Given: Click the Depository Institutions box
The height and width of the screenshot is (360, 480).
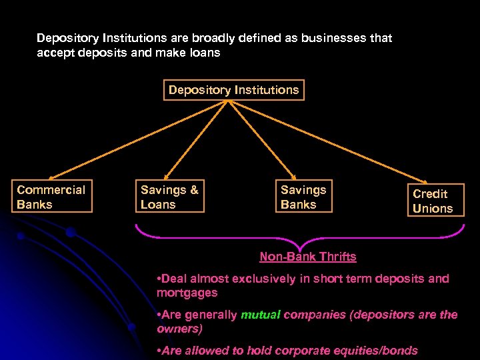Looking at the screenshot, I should [234, 90].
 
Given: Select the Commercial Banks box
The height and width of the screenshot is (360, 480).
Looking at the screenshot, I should [51, 197].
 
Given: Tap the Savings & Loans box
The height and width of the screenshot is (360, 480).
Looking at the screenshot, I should [170, 197].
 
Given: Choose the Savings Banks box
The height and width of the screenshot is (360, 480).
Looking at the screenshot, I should [303, 197].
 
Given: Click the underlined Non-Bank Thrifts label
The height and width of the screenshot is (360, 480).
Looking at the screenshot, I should [307, 257].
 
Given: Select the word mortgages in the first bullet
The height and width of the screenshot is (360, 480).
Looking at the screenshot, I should [187, 293].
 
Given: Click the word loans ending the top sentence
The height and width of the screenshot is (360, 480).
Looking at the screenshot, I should [204, 52].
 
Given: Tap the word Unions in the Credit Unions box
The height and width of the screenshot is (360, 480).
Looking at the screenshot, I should [433, 209].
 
